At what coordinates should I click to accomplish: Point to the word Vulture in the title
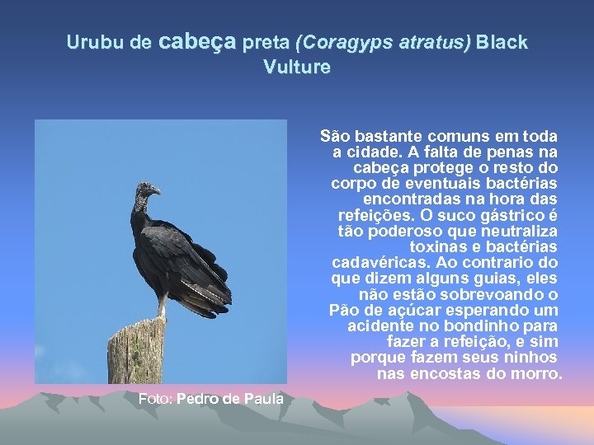pos(297,68)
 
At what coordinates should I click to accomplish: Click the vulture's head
pos(147,191)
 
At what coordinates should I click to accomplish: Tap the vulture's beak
pos(157,191)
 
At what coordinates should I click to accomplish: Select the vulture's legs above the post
pos(163,307)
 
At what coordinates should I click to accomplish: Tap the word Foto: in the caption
pos(155,399)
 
